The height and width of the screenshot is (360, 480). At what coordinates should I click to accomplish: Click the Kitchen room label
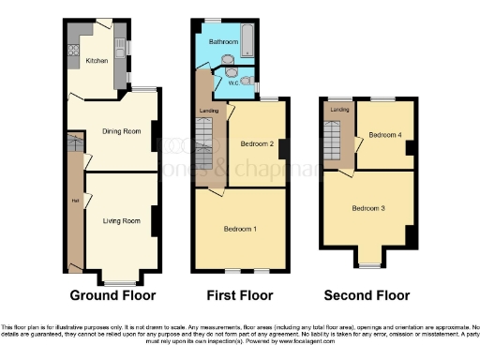tap(97, 61)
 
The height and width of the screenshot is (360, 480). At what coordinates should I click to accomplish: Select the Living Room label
tap(122, 220)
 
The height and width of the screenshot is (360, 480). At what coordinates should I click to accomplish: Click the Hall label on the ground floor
tap(73, 200)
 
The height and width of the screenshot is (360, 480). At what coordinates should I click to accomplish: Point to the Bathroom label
tap(223, 42)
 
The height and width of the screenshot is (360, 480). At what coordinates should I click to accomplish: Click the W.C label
tap(219, 82)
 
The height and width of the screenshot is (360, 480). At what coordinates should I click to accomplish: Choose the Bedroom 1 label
tap(241, 229)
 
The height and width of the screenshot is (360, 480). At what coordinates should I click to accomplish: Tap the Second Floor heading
tap(367, 295)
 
